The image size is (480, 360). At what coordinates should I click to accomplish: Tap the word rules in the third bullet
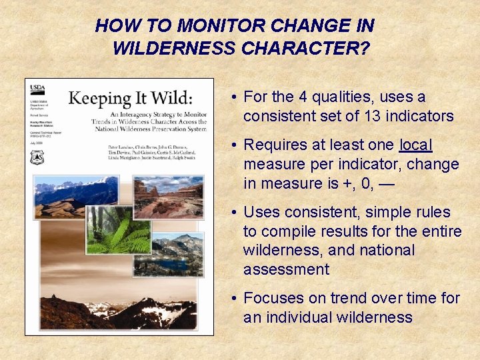[433, 212]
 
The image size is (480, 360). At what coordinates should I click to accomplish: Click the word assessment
[286, 269]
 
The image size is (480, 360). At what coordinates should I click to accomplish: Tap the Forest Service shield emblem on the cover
[37, 158]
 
